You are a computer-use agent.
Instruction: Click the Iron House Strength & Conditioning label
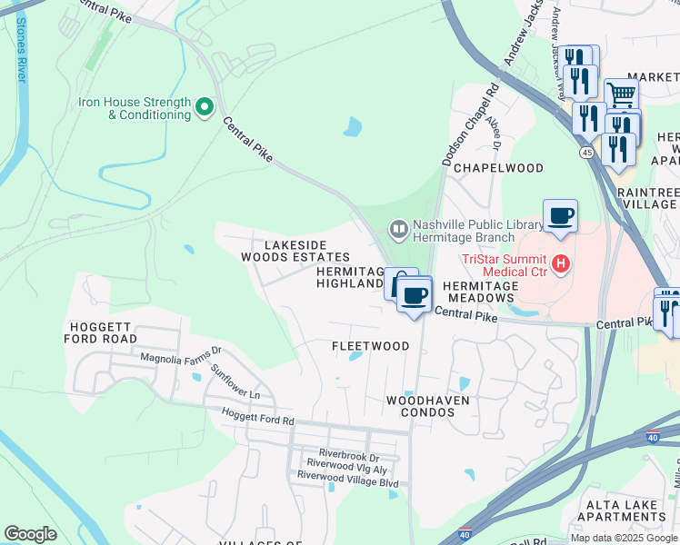tap(135, 109)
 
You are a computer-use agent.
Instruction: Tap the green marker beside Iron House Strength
tap(205, 108)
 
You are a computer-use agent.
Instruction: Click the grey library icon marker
tap(397, 228)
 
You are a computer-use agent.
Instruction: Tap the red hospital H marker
tap(561, 263)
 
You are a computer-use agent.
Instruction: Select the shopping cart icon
tap(621, 93)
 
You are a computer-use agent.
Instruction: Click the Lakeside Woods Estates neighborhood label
tap(295, 252)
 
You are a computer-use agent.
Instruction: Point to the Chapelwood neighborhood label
tap(498, 168)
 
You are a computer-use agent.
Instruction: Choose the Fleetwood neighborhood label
tap(370, 346)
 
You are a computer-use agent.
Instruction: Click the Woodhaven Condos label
tap(420, 406)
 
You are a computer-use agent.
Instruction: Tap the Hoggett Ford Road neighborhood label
tap(100, 332)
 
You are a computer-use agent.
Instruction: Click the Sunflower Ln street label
tap(235, 383)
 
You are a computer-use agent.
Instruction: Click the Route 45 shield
tap(587, 154)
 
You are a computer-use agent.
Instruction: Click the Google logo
tap(31, 534)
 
